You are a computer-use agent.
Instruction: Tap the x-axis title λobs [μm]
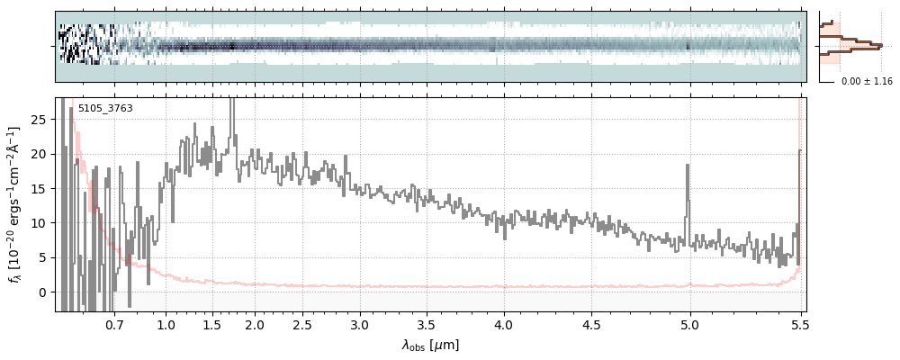[x=430, y=345]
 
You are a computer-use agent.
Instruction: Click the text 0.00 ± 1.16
[x=866, y=82]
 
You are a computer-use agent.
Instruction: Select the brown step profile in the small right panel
[x=850, y=41]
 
